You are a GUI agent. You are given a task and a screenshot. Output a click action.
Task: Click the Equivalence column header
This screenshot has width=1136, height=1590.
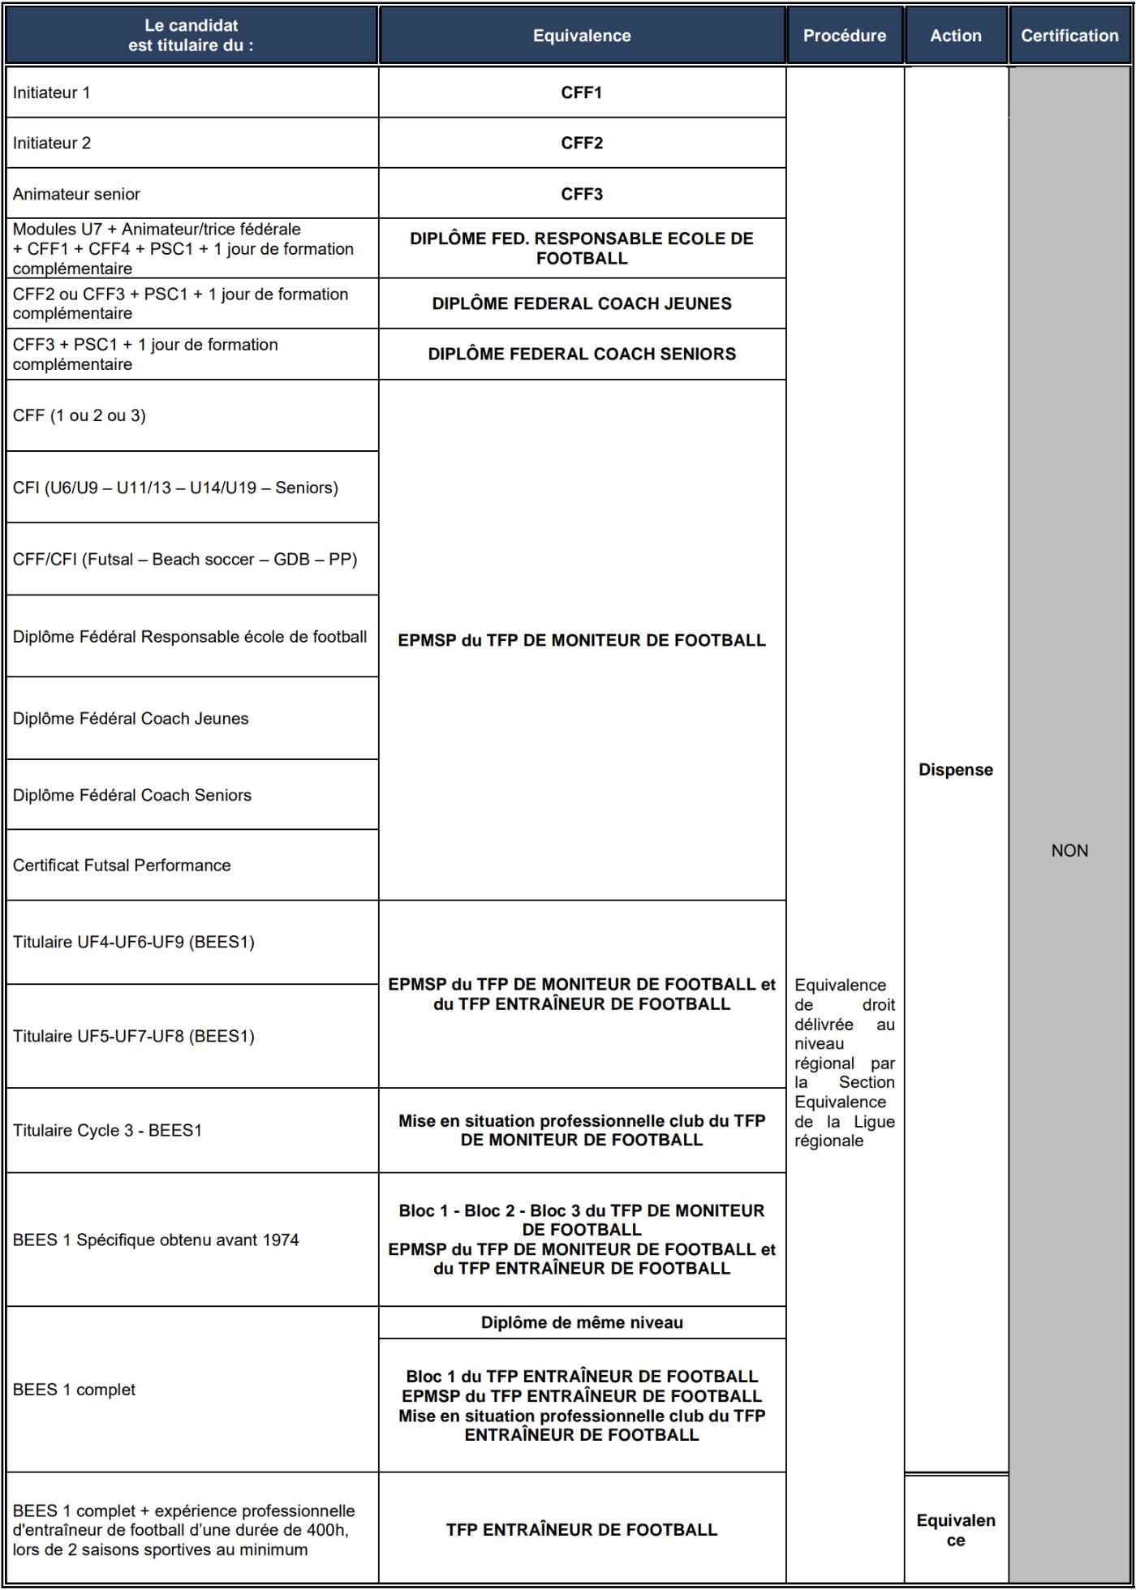tap(582, 36)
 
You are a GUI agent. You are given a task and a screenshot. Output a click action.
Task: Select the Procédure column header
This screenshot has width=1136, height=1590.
tap(844, 36)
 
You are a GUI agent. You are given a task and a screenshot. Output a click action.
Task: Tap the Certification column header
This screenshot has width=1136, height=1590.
tap(1069, 36)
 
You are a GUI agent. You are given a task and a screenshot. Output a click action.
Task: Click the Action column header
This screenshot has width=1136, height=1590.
tap(955, 36)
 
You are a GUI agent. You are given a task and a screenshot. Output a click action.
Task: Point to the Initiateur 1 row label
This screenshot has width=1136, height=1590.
tap(52, 92)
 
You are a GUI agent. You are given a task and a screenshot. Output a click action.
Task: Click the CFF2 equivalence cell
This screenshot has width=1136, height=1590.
tap(582, 143)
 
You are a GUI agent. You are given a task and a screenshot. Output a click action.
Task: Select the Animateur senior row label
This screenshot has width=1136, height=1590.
tap(76, 194)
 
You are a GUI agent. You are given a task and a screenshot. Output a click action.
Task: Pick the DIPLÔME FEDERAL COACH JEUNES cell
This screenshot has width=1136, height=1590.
tap(582, 303)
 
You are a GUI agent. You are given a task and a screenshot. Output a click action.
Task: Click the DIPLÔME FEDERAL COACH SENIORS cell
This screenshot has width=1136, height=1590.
tap(582, 354)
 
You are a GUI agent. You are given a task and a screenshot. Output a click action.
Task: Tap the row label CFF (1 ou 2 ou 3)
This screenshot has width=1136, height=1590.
tap(80, 415)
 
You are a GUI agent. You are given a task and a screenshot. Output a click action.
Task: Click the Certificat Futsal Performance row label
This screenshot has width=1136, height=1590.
tap(122, 865)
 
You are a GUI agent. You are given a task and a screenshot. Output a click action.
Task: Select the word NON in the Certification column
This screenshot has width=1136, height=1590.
tap(1069, 850)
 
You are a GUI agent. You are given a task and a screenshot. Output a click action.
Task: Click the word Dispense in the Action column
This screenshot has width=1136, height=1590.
tap(955, 769)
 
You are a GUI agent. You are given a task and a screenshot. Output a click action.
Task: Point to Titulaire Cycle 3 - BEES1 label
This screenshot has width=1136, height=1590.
tap(107, 1130)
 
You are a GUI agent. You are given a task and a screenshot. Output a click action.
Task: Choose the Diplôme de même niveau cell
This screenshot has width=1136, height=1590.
tap(582, 1322)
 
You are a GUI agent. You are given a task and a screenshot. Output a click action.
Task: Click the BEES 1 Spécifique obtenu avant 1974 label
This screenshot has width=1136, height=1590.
tap(156, 1240)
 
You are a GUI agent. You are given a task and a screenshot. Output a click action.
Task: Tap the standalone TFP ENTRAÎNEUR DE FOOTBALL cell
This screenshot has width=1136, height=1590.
tap(582, 1529)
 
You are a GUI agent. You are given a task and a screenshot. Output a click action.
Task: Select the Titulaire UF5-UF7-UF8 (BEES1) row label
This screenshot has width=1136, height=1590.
tap(134, 1036)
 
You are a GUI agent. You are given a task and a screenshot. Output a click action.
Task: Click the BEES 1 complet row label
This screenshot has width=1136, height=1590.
tap(74, 1390)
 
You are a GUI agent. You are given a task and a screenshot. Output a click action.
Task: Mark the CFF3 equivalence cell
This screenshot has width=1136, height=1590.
tap(582, 194)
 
